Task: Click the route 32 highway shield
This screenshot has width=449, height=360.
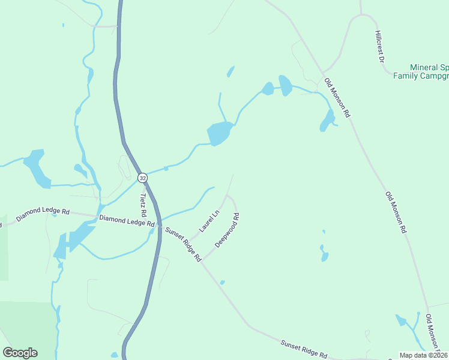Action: coord(142,178)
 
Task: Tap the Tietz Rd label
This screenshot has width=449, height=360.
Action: coord(143,205)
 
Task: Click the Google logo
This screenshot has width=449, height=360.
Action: coord(20,352)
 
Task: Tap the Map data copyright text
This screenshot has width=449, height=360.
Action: coord(423,355)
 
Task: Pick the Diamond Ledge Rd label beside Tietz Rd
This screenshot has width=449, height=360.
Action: coord(127,221)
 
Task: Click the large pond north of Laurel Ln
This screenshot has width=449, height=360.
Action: coord(219,132)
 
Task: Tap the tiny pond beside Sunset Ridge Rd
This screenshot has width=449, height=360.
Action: coord(222,282)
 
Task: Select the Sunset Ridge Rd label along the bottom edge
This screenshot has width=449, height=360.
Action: coord(304,347)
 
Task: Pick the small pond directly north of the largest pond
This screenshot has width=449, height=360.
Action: coord(231,72)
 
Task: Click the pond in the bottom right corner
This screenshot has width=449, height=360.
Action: coord(401,320)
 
